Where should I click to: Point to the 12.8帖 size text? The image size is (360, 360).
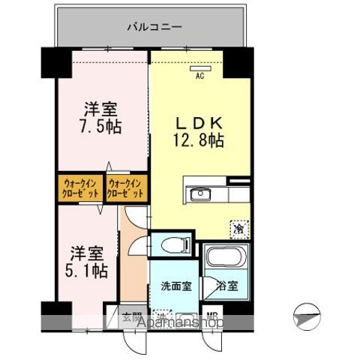[x=199, y=139]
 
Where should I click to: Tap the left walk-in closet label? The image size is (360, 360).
[x=79, y=187]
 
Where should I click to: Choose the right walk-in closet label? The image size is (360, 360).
[x=126, y=187]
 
